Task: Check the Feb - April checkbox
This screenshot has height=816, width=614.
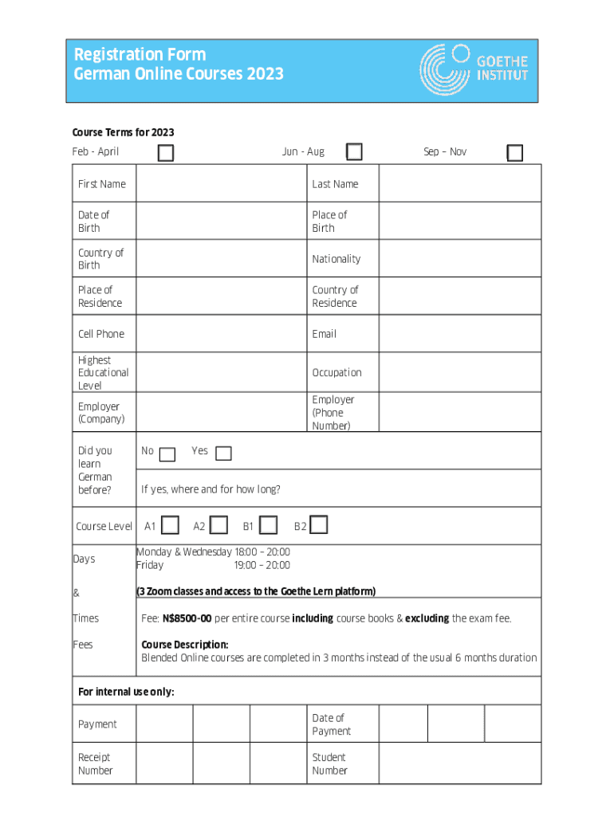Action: tap(166, 153)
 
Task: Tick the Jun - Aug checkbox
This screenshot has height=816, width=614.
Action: tap(354, 151)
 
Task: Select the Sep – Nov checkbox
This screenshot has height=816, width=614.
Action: tap(515, 153)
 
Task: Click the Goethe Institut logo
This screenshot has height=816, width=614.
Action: tap(474, 69)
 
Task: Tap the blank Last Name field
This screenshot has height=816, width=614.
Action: tap(459, 184)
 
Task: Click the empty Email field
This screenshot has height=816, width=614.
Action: tap(459, 334)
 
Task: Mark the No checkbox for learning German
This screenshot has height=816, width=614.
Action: tap(167, 454)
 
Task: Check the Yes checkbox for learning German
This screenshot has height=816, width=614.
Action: tap(224, 453)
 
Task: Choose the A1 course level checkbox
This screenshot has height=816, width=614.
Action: tap(170, 525)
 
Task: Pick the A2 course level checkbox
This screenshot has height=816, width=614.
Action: tap(219, 525)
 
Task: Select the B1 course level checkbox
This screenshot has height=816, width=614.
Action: tap(269, 525)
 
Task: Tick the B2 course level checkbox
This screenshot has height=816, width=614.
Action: tap(319, 524)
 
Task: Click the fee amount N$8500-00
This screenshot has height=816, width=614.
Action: tap(187, 618)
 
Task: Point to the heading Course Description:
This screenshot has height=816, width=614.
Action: tap(185, 645)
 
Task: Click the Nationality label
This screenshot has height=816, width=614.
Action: tap(337, 259)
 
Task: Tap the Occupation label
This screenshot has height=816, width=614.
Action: tap(337, 373)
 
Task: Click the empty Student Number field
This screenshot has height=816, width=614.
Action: tap(459, 764)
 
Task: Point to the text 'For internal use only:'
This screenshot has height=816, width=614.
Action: tap(126, 692)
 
